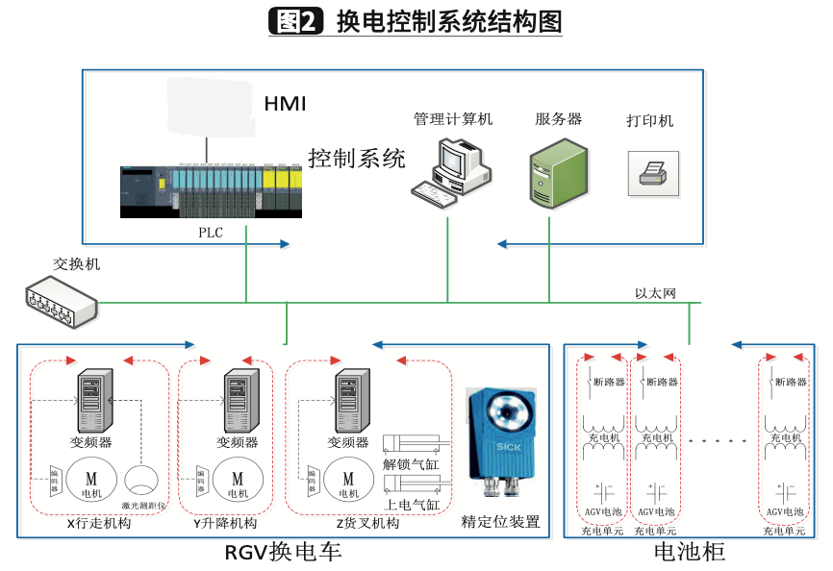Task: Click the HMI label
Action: pos(284,103)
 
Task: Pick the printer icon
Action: pos(653,174)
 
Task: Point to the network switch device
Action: pos(61,299)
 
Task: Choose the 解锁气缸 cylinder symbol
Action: pos(412,443)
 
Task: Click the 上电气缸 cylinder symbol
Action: pos(412,484)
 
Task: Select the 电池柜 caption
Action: pos(689,552)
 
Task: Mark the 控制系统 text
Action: pos(356,158)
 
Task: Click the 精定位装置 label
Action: pos(500,523)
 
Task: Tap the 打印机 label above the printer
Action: pos(650,121)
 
